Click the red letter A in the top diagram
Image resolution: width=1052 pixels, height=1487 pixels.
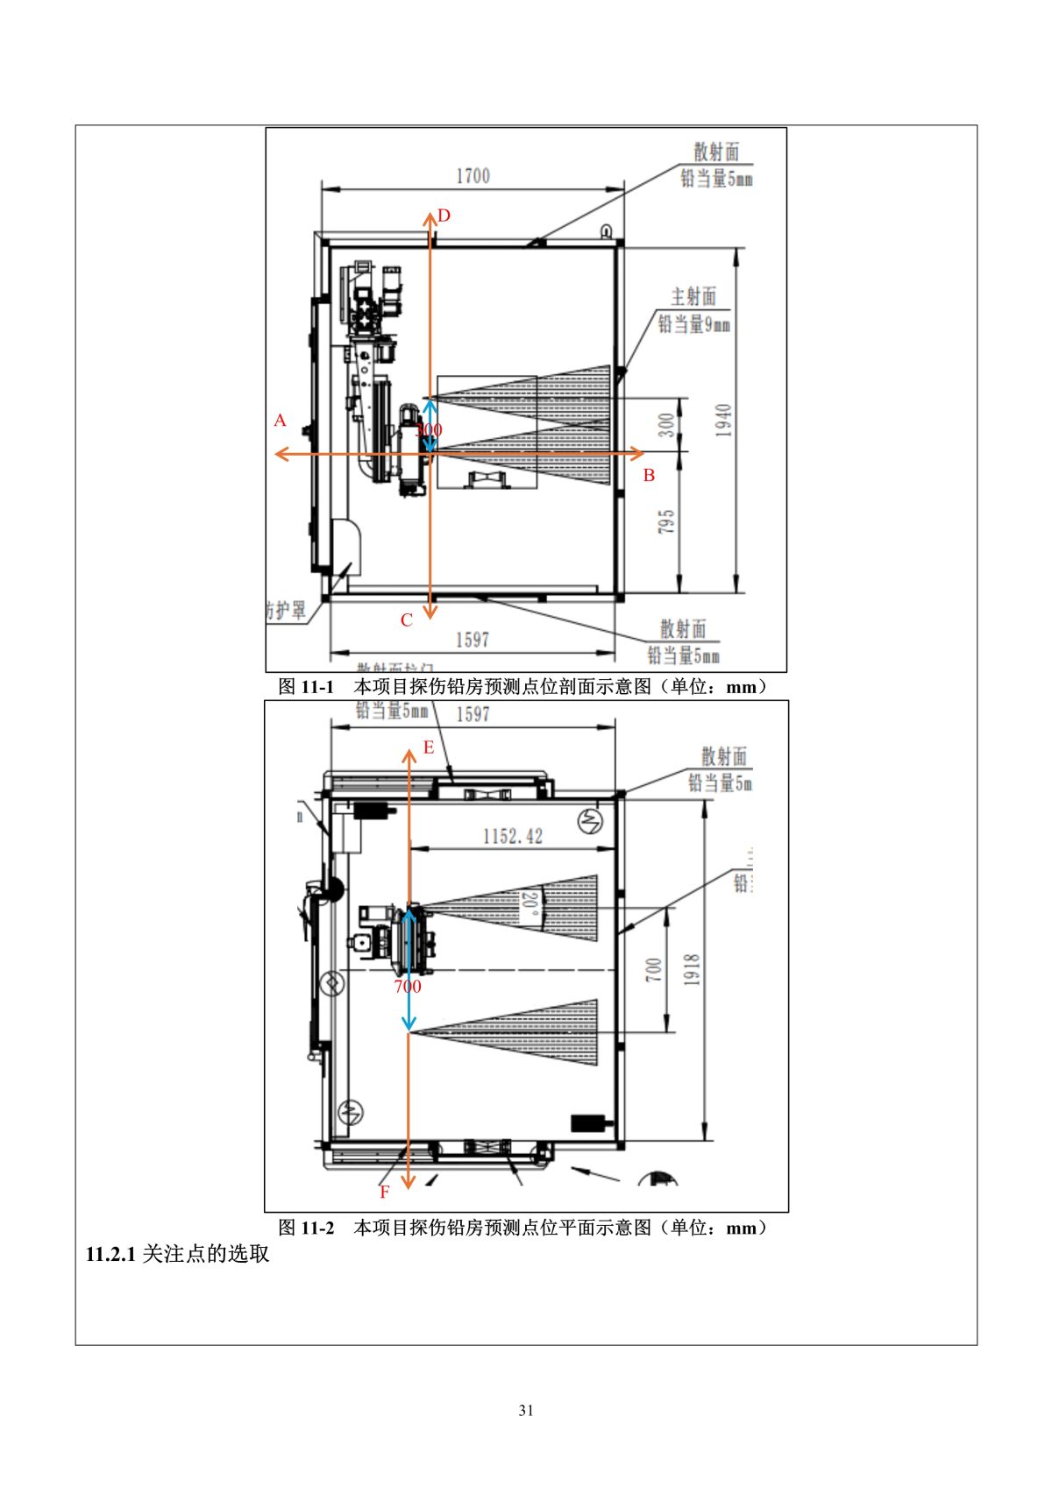tap(280, 421)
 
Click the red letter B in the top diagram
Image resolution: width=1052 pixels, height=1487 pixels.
tap(649, 476)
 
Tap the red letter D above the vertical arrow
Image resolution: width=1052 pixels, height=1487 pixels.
tap(444, 216)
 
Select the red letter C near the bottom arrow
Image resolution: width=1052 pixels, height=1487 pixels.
tap(406, 620)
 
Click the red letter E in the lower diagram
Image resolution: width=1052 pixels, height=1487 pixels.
tap(429, 747)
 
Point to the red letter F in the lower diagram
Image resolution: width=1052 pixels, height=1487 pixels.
tap(384, 1193)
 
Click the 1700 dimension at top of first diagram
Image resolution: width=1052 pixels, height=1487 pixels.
tap(473, 176)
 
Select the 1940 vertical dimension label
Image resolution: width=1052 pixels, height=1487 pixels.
tap(723, 421)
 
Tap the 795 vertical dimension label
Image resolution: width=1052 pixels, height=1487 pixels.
tap(666, 522)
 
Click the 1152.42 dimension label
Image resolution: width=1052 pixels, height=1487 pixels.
tap(513, 836)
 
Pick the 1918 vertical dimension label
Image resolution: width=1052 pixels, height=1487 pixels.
tap(692, 970)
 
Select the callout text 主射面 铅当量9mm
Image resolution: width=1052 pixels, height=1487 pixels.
tap(693, 311)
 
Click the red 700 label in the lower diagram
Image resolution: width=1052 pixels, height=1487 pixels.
tap(407, 987)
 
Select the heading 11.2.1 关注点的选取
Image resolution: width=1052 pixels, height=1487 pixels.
tap(177, 1254)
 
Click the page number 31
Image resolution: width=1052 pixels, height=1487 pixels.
tap(526, 1411)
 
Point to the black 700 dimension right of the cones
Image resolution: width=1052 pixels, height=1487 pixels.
tap(653, 969)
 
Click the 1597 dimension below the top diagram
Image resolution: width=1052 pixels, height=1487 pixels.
tap(472, 640)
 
